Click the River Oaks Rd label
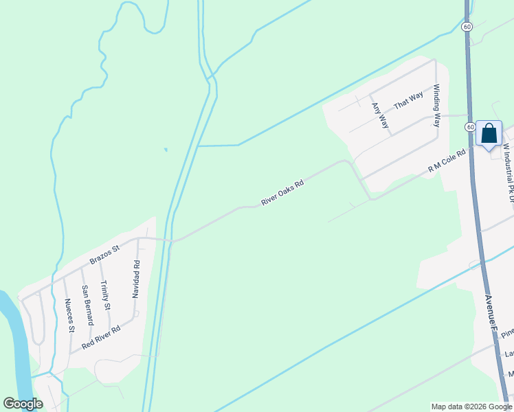tap(282, 192)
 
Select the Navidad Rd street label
tap(136, 279)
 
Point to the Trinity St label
tap(105, 295)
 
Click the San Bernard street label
tap(87, 305)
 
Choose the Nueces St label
tap(69, 315)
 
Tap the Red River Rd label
tap(101, 337)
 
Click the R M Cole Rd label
tap(447, 161)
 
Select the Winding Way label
tap(436, 106)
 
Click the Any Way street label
tap(380, 115)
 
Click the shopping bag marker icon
tap(489, 133)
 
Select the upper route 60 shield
tap(467, 27)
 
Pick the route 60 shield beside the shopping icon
tap(469, 127)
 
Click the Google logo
tap(23, 404)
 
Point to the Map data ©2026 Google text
tap(471, 407)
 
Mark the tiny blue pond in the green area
tap(165, 149)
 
